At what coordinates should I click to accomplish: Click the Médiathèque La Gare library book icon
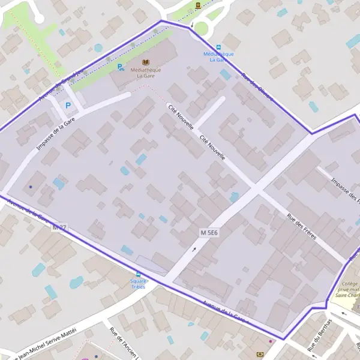(x=145, y=62)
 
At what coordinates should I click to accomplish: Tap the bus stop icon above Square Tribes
(x=139, y=273)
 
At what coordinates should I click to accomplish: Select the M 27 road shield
(x=59, y=227)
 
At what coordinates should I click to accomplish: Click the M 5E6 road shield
(x=209, y=232)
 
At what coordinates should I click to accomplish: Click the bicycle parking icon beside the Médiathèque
(x=121, y=67)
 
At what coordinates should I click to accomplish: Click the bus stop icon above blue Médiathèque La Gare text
(x=218, y=47)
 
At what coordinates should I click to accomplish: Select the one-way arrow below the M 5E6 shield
(x=194, y=248)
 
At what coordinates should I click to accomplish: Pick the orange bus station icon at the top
(x=198, y=6)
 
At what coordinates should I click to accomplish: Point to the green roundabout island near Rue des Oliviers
(x=202, y=27)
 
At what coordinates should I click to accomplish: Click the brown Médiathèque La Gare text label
(x=145, y=73)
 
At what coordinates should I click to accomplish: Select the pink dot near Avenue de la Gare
(x=270, y=341)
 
